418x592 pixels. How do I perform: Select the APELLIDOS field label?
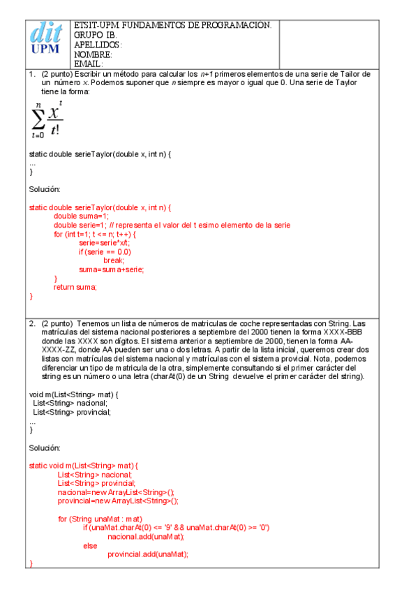click(98, 45)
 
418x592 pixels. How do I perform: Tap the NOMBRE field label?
click(93, 54)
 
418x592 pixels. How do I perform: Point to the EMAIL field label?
click(89, 64)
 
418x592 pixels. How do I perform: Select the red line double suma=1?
click(81, 216)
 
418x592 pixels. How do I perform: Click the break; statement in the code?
click(114, 260)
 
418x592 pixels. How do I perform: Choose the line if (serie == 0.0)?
click(105, 251)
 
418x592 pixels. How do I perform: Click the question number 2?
click(32, 324)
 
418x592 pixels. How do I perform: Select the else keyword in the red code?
click(90, 545)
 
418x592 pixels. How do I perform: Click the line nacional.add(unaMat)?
click(145, 536)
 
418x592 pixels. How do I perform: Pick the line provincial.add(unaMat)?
click(148, 554)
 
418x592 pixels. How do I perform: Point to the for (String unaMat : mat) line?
click(100, 519)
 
